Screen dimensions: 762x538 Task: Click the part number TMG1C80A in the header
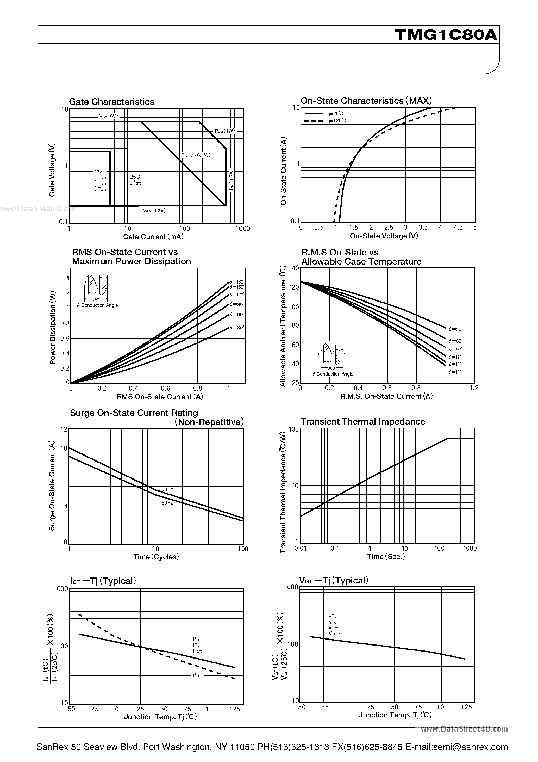point(446,35)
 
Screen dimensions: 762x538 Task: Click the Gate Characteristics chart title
point(111,102)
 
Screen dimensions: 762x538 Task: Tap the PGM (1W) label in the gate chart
point(225,131)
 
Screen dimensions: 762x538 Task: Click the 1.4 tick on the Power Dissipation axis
point(65,278)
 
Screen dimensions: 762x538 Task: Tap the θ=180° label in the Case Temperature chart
point(455,372)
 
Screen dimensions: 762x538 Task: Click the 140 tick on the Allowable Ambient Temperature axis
point(294,268)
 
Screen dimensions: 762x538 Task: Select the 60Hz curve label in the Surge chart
point(167,489)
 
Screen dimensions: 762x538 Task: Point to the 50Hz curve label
point(167,503)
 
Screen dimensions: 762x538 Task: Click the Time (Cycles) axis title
point(156,557)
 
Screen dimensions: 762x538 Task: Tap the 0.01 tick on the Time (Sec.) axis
point(301,549)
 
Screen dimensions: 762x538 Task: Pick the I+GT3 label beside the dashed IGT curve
point(198,676)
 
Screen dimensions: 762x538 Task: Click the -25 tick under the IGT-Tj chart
point(93,709)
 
